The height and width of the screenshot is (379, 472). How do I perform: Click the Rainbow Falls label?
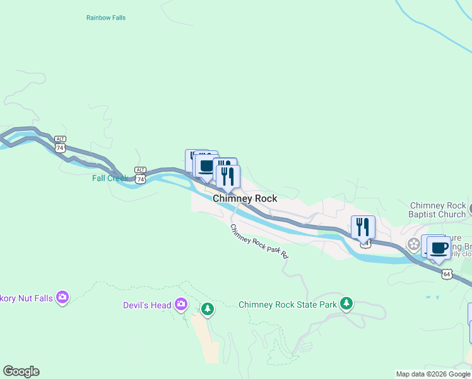click(x=105, y=18)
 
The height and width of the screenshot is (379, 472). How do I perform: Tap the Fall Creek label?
click(x=110, y=178)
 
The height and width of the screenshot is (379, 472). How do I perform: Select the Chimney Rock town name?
click(x=245, y=198)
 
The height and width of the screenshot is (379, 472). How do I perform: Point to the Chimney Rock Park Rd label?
click(x=259, y=242)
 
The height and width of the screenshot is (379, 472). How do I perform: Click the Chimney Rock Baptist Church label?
click(x=437, y=210)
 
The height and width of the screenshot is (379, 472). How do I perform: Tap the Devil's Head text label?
click(x=147, y=306)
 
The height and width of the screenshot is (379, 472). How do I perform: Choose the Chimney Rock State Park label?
click(x=288, y=304)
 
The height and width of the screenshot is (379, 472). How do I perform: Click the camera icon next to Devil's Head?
click(x=181, y=304)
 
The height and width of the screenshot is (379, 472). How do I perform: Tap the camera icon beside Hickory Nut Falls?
click(x=62, y=296)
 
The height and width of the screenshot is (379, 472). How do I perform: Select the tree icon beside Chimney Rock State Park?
click(x=346, y=304)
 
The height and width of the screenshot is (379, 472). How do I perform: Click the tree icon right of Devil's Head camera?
click(x=208, y=309)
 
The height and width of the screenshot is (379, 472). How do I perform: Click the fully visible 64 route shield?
click(x=447, y=274)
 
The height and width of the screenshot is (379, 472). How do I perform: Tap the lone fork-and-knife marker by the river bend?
click(x=363, y=227)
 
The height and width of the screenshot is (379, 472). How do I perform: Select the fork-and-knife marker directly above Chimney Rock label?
click(x=228, y=176)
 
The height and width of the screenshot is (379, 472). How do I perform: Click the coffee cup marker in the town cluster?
click(x=206, y=166)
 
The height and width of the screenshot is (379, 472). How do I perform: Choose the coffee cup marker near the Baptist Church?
click(x=439, y=247)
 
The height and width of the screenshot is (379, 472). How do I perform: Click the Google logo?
click(x=21, y=371)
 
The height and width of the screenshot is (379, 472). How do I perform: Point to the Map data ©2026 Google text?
click(x=433, y=374)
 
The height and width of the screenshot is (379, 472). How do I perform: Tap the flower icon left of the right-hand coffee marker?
click(x=414, y=243)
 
